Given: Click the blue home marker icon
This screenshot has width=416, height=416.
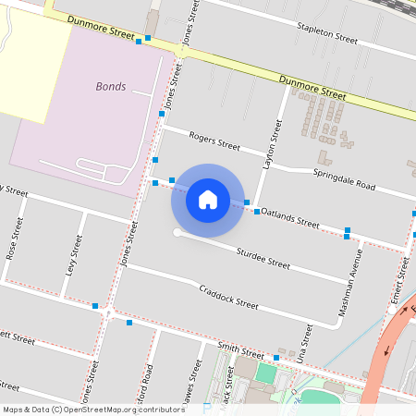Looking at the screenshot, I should coord(207,199).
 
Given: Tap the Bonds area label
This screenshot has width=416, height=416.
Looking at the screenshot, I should coord(110,86).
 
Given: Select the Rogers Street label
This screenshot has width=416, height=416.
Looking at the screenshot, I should coord(214,141).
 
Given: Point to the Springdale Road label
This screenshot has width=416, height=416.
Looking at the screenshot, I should coord(343,179).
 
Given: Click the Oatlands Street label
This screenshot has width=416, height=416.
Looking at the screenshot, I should coord(289,218).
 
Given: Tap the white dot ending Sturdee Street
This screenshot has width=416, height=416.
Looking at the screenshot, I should coord(177,232).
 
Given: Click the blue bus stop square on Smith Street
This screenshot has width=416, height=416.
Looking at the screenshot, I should coord(275,358).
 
